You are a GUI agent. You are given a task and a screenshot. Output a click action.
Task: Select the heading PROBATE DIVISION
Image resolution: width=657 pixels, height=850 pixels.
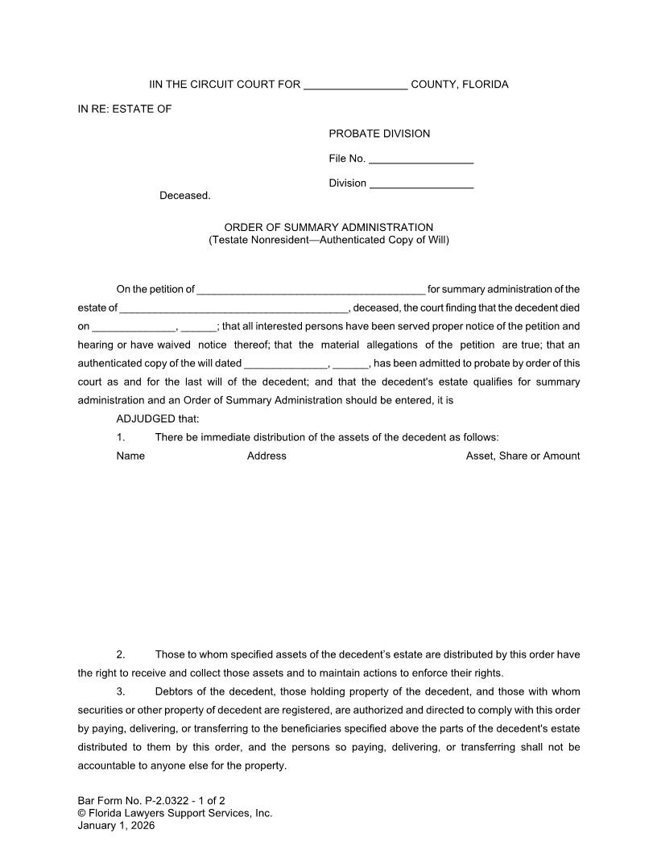[x=379, y=134]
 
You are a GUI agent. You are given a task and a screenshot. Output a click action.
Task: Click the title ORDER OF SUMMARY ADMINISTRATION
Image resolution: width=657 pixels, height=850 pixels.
[x=328, y=228]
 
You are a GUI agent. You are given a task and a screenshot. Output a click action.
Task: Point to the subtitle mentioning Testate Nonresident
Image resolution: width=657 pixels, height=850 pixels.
[x=328, y=240]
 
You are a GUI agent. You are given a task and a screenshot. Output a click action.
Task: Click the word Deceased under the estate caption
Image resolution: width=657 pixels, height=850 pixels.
[x=185, y=196]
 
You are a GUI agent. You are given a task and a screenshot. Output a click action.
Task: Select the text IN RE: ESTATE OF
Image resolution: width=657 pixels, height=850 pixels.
[x=124, y=109]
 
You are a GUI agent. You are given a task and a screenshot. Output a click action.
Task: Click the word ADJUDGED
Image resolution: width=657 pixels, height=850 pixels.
[x=146, y=419]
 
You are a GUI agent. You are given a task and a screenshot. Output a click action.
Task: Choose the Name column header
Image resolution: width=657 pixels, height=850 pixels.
[x=130, y=456]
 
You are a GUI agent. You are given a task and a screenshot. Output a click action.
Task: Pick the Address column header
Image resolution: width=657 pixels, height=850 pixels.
[x=267, y=456]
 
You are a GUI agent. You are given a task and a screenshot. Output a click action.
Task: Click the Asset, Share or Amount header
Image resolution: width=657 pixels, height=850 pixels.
[x=523, y=456]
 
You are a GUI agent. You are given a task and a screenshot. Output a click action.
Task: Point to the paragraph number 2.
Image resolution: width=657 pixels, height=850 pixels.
[x=120, y=654]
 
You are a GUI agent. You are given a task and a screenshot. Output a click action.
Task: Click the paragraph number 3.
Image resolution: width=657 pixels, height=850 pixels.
[x=120, y=691]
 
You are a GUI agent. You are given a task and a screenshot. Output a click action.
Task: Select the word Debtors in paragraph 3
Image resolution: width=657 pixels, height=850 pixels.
[x=175, y=691]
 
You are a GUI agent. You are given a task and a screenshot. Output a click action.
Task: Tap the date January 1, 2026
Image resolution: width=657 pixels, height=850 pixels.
[x=116, y=825]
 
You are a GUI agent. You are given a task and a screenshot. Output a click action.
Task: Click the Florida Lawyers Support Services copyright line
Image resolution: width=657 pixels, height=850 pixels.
[x=175, y=813]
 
